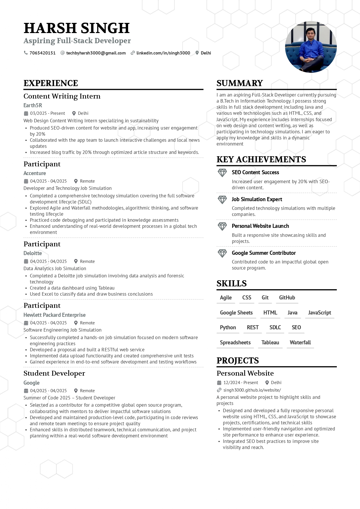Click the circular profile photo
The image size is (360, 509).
click(311, 47)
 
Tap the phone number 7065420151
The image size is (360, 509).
click(42, 53)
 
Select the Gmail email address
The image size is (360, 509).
click(96, 53)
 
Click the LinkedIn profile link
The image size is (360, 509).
click(163, 53)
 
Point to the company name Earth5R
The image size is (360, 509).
click(33, 105)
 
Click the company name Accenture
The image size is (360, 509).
click(35, 173)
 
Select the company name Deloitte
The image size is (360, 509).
click(33, 253)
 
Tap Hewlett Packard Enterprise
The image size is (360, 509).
click(54, 315)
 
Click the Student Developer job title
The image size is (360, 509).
click(54, 373)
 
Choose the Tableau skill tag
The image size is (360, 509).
click(270, 342)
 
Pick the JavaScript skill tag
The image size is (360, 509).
click(319, 312)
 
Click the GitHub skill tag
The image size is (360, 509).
click(287, 297)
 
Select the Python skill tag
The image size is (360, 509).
click(228, 327)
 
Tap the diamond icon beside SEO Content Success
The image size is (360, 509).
click(222, 173)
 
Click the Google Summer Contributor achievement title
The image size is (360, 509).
click(264, 253)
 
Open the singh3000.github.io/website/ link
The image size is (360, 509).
click(252, 390)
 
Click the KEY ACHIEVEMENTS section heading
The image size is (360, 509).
click(261, 159)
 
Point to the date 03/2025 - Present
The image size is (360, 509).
click(48, 113)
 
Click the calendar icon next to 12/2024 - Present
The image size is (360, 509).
click(219, 383)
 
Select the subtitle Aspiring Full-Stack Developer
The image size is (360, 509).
click(77, 41)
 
